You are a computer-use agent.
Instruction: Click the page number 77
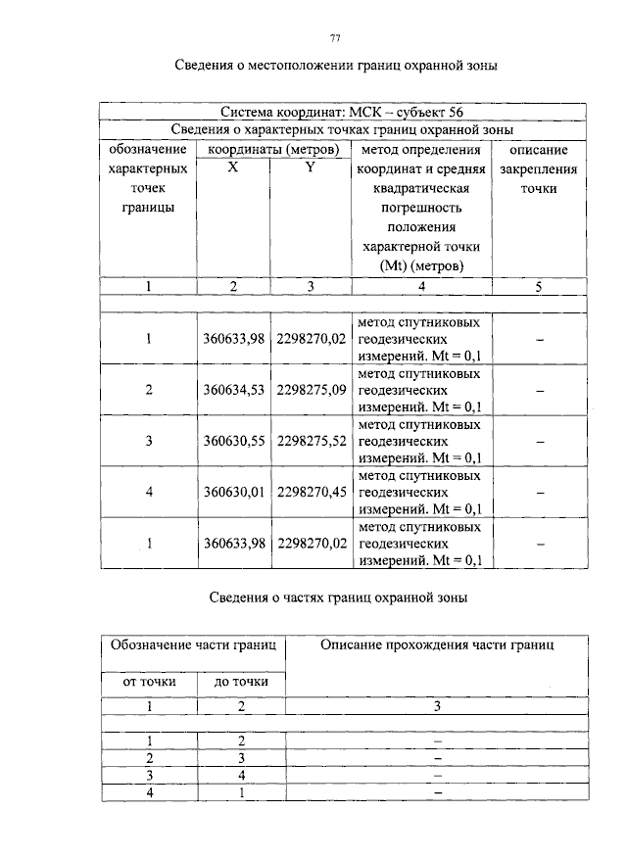pyautogui.click(x=335, y=38)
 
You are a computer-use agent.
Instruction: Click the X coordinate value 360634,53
pyautogui.click(x=234, y=390)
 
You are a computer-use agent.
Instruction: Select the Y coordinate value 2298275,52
pyautogui.click(x=312, y=441)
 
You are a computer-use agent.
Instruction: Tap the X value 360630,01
pyautogui.click(x=234, y=492)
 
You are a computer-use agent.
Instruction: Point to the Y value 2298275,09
pyautogui.click(x=312, y=390)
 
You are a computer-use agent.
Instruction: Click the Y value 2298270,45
pyautogui.click(x=312, y=492)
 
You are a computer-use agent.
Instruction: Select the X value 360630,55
pyautogui.click(x=234, y=441)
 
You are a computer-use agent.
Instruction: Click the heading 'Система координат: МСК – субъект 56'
pyautogui.click(x=342, y=112)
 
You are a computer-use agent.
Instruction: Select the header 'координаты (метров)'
pyautogui.click(x=272, y=150)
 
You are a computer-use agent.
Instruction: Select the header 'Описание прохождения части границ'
pyautogui.click(x=437, y=644)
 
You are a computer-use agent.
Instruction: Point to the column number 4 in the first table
pyautogui.click(x=420, y=286)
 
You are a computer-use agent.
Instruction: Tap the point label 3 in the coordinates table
pyautogui.click(x=149, y=441)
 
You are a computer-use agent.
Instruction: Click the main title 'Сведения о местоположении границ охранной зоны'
pyautogui.click(x=336, y=68)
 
